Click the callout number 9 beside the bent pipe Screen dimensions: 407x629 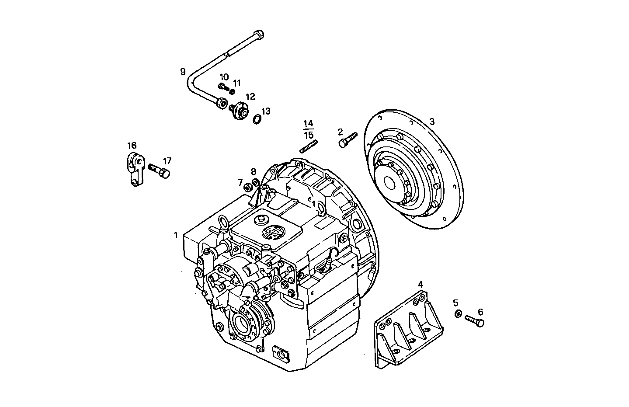pyautogui.click(x=183, y=72)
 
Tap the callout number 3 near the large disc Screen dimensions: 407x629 pyautogui.click(x=432, y=122)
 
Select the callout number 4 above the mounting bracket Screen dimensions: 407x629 pyautogui.click(x=420, y=284)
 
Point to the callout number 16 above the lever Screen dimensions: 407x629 pyautogui.click(x=132, y=146)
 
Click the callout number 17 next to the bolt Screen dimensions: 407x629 pyautogui.click(x=167, y=160)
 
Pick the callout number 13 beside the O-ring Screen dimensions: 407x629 pyautogui.click(x=266, y=111)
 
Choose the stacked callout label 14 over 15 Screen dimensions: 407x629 pyautogui.click(x=309, y=129)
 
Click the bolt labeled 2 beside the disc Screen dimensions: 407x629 pyautogui.click(x=347, y=139)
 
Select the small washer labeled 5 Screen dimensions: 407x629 pyautogui.click(x=458, y=313)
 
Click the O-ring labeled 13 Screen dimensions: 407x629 pyautogui.click(x=257, y=118)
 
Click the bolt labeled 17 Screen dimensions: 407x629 pyautogui.click(x=159, y=170)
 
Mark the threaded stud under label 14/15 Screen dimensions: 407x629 pyautogui.click(x=309, y=145)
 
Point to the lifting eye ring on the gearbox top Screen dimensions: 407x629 pyautogui.click(x=223, y=223)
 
